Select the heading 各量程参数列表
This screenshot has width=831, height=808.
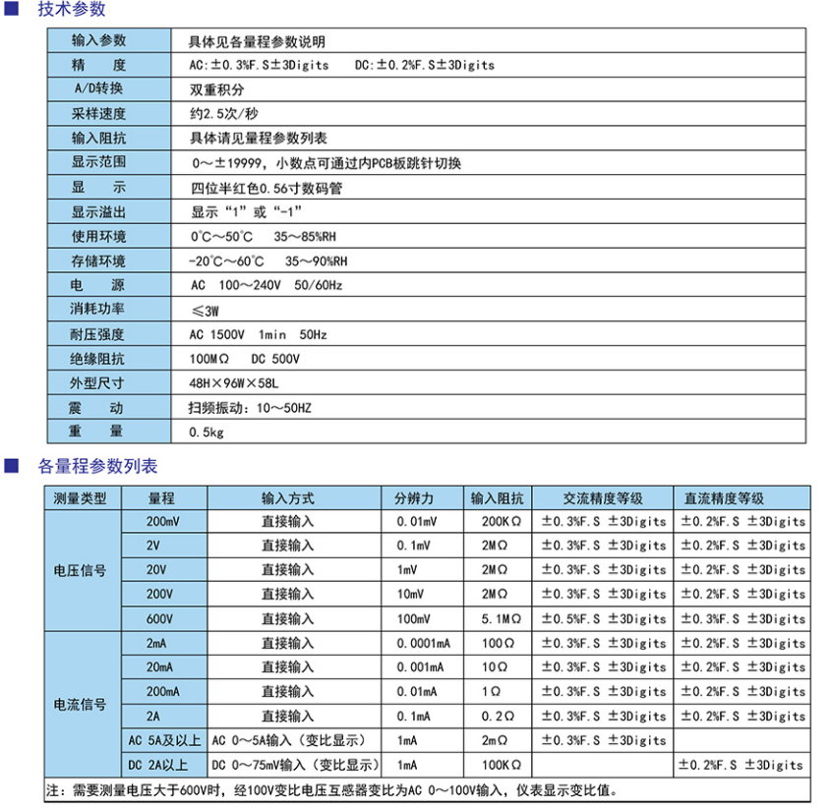click(96, 467)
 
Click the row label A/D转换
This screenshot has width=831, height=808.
click(98, 89)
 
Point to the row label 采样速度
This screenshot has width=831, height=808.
click(98, 114)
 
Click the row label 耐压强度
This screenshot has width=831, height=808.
click(98, 334)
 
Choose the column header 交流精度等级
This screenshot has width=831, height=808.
click(603, 498)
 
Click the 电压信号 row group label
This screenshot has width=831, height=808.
click(80, 570)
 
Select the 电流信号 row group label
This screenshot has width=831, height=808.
click(80, 704)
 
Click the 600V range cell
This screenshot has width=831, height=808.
click(160, 618)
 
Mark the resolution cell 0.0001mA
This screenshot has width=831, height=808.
click(423, 643)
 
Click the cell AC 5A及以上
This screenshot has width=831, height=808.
click(162, 740)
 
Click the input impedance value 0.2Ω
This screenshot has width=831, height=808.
click(497, 716)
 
